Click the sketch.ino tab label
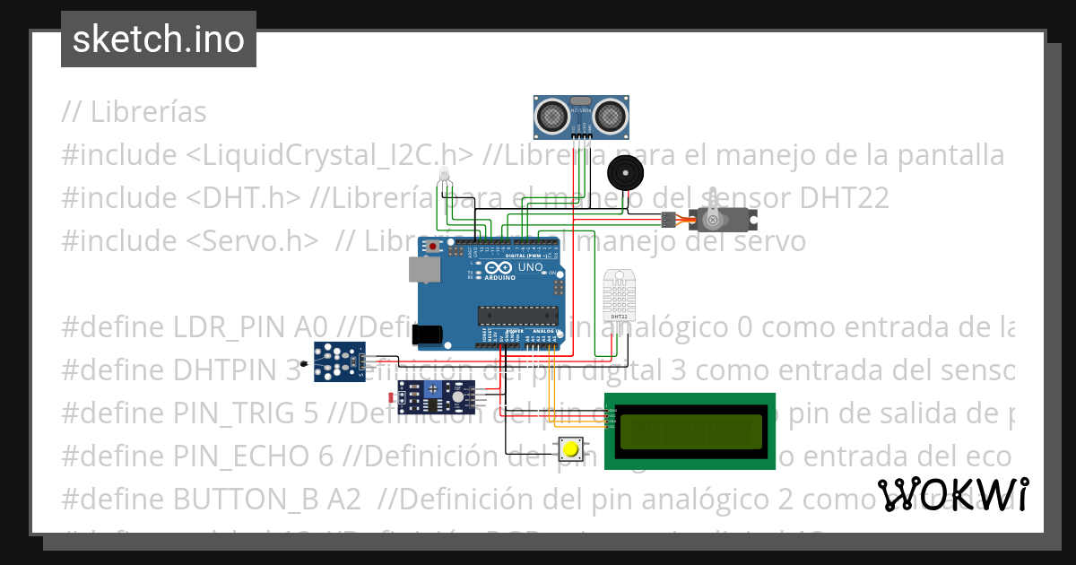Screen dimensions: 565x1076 (x=159, y=39)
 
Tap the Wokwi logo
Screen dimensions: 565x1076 (x=952, y=494)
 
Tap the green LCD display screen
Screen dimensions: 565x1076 (x=689, y=430)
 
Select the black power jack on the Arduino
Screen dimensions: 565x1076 (x=427, y=335)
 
